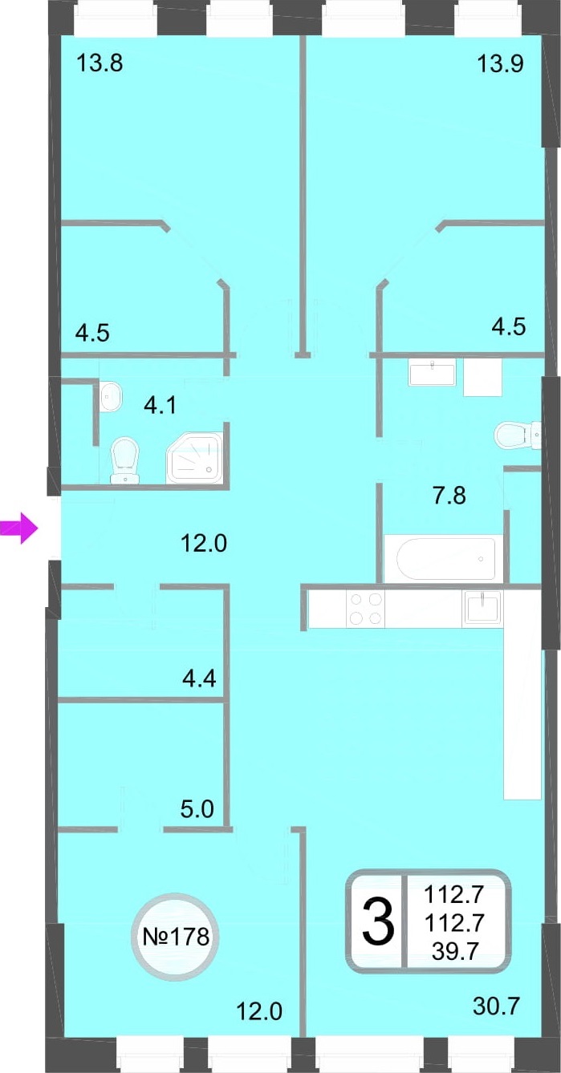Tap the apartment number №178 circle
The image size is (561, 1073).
click(x=176, y=936)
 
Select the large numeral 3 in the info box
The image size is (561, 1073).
click(x=378, y=921)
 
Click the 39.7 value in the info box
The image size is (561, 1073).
click(x=455, y=951)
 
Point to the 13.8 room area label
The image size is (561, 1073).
click(x=100, y=63)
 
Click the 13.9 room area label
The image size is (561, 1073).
click(x=500, y=63)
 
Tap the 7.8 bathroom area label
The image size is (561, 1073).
click(x=449, y=496)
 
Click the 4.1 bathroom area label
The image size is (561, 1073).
click(x=161, y=405)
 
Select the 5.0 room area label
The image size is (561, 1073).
click(x=197, y=809)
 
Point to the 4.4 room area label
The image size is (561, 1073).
click(x=200, y=678)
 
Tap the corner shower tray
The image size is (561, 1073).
click(x=195, y=458)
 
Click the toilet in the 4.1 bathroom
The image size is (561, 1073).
click(x=124, y=460)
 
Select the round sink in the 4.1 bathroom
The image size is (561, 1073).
click(x=111, y=395)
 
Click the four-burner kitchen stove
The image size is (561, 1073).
click(x=366, y=609)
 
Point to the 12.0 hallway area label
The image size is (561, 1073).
click(x=204, y=543)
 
